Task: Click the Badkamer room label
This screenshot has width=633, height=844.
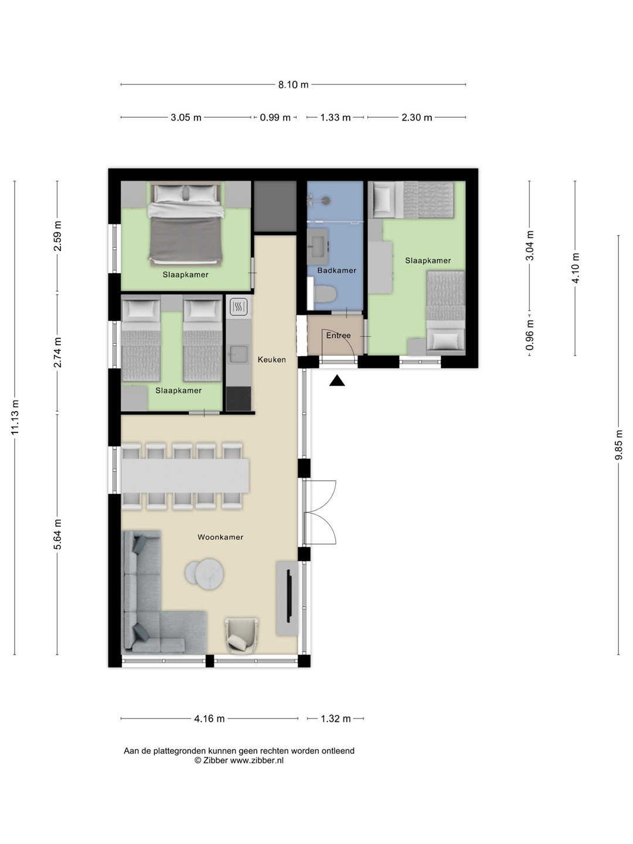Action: point(336,270)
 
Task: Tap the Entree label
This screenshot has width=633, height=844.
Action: point(338,335)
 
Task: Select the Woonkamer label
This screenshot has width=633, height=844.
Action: point(220,537)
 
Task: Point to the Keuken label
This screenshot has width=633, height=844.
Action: point(272,359)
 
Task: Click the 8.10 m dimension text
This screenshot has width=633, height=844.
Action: point(293,84)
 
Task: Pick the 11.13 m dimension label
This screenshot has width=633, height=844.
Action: point(15,417)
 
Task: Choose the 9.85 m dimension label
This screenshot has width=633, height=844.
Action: point(618,444)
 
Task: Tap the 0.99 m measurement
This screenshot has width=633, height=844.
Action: point(275,117)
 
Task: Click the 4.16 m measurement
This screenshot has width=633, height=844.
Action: point(209,718)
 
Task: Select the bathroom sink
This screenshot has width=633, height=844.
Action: point(318,242)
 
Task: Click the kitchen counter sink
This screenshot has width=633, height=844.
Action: point(239,353)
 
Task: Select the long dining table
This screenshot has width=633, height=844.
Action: point(185,476)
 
